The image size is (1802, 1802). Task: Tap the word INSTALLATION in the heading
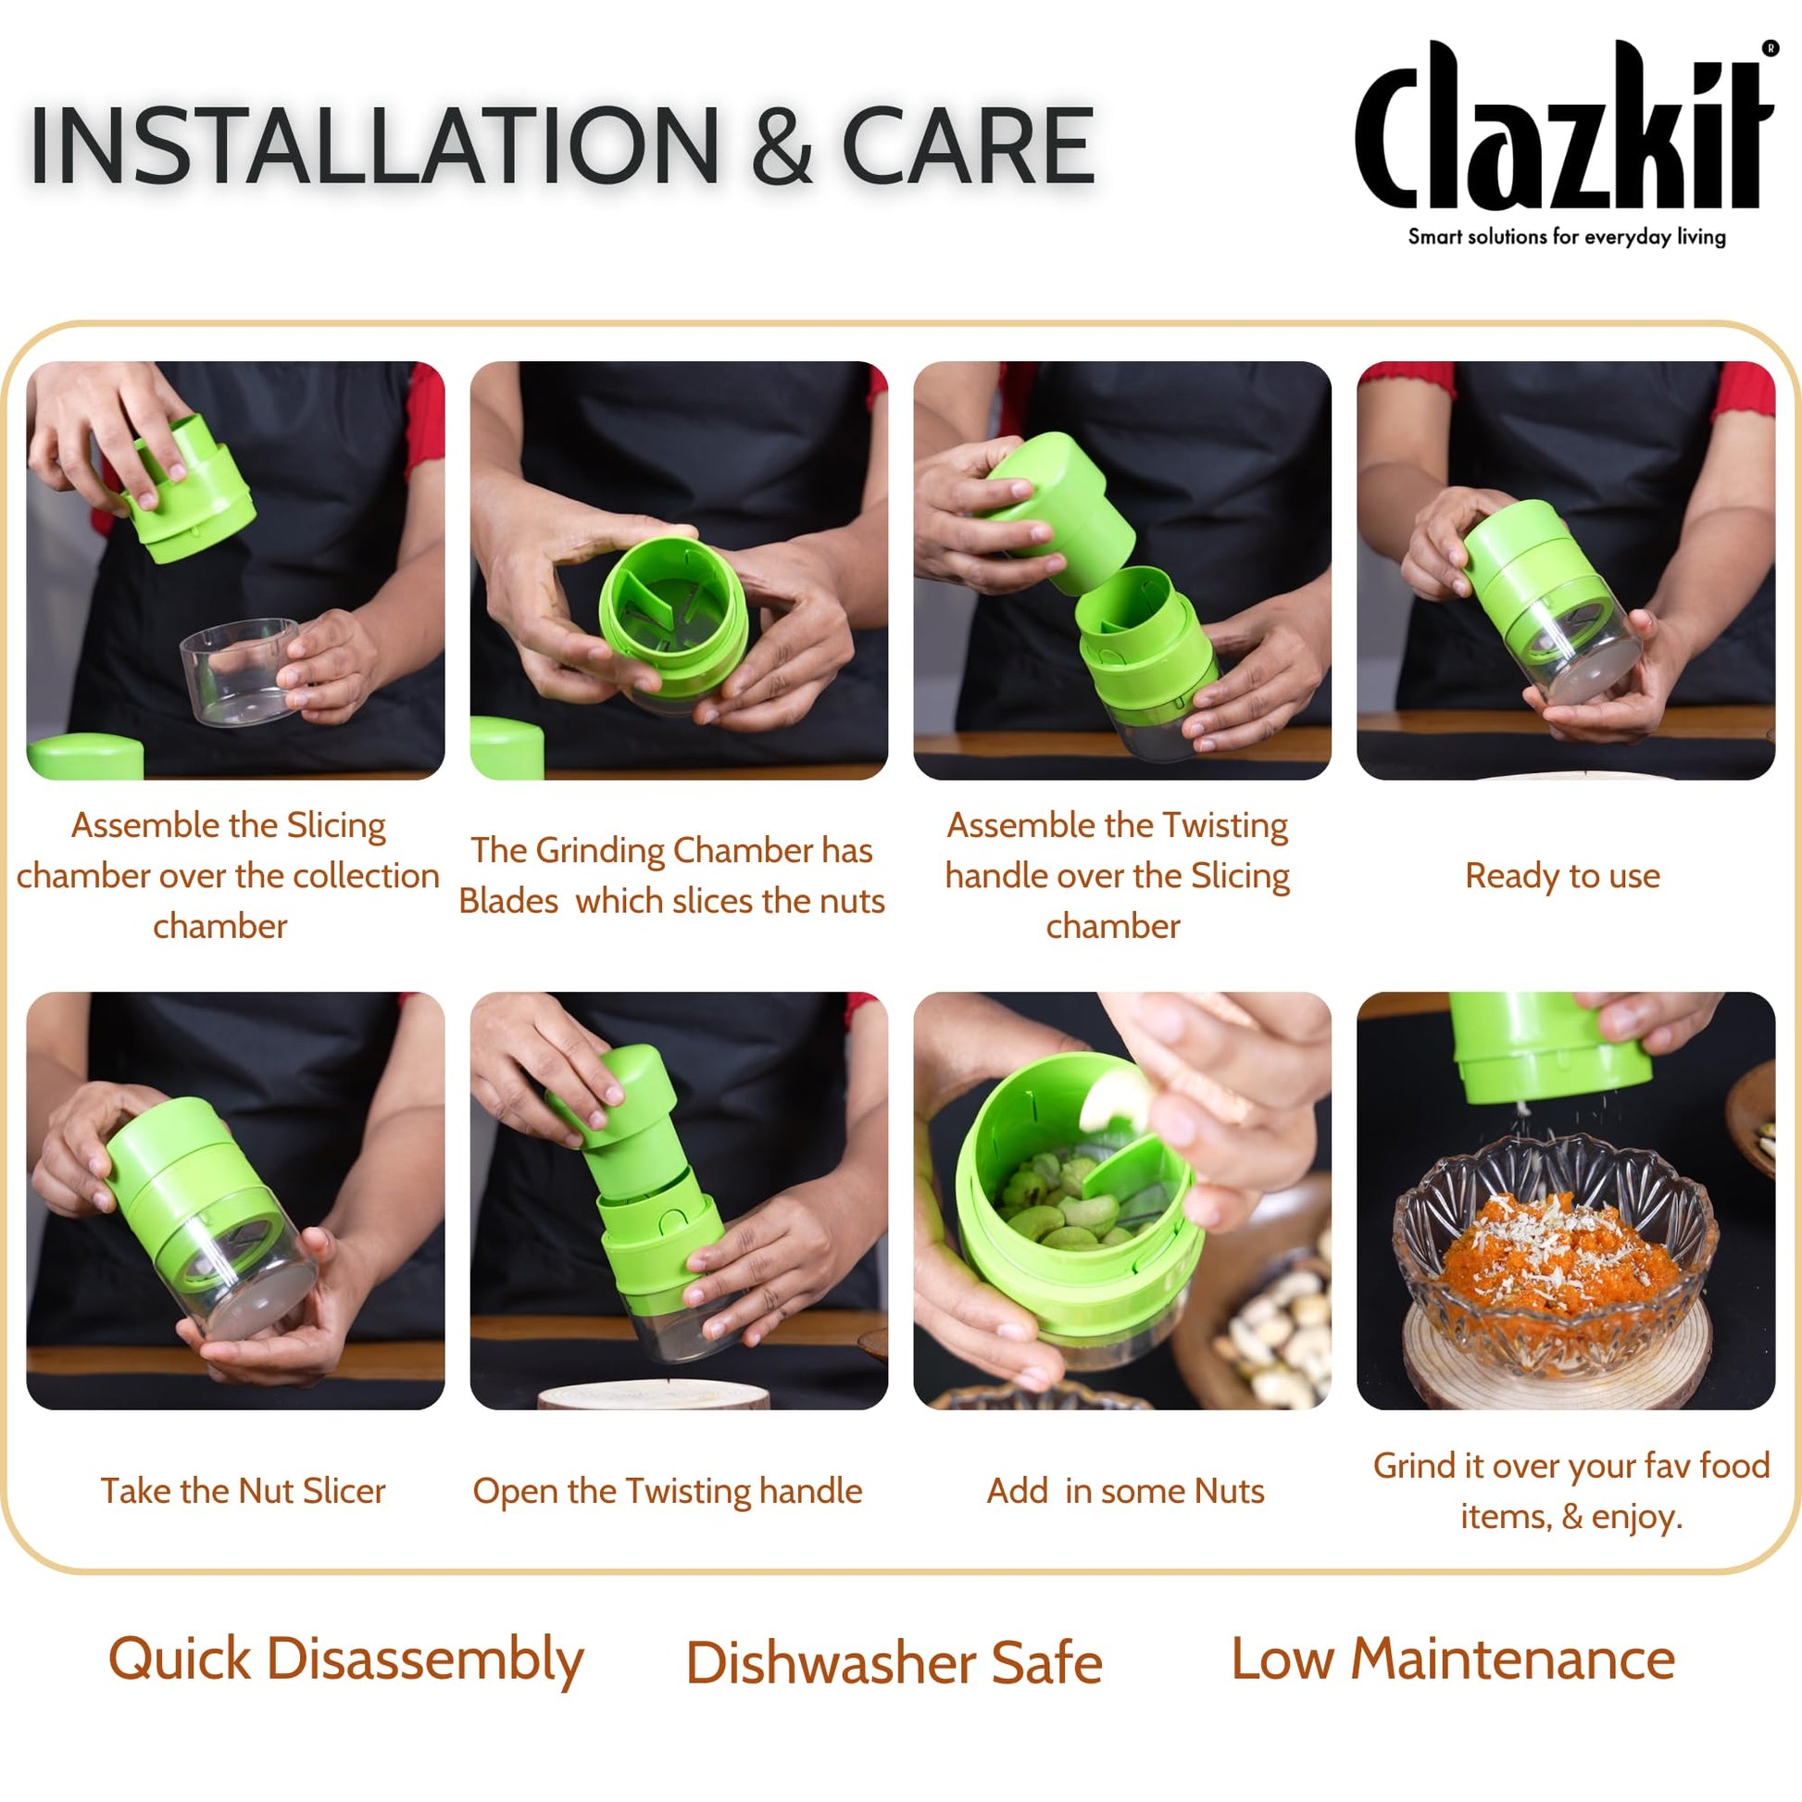373,145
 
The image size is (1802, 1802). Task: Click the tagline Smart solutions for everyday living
1566,237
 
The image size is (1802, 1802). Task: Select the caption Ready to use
1562,876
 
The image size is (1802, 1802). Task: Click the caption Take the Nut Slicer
243,1491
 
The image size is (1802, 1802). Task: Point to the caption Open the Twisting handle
667,1491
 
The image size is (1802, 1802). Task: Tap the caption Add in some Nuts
1125,1491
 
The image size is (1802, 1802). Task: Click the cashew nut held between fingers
1116,1100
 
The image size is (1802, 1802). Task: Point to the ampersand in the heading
782,147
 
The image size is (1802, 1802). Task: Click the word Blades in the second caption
508,902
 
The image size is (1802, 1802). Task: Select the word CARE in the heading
968,145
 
